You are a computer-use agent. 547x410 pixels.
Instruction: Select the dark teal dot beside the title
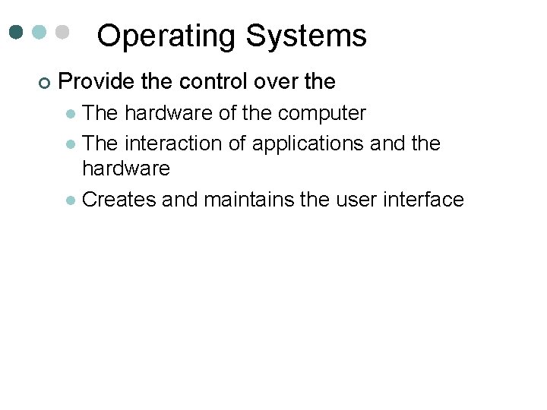pyautogui.click(x=17, y=33)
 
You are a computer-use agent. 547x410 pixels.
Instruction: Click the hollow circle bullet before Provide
pyautogui.click(x=43, y=81)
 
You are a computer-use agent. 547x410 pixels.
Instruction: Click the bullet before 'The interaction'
pyautogui.click(x=71, y=144)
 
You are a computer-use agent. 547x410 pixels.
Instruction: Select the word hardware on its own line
pyautogui.click(x=125, y=167)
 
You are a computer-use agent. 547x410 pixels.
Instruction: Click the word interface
pyautogui.click(x=427, y=200)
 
